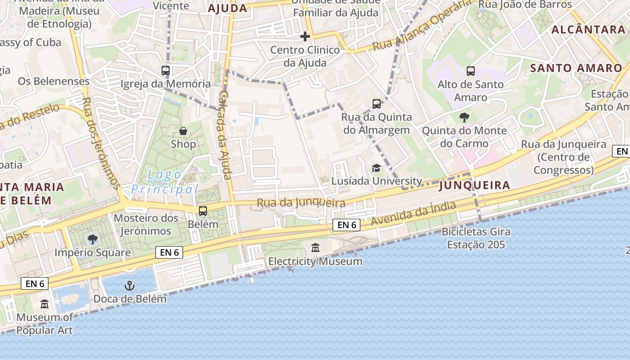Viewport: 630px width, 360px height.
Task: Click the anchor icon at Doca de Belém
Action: tap(130, 286)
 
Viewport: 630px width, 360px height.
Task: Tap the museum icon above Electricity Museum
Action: tap(315, 248)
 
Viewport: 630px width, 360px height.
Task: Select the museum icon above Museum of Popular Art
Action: tap(45, 305)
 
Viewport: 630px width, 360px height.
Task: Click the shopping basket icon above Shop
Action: tap(183, 131)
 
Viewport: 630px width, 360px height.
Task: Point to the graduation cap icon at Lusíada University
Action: tap(376, 168)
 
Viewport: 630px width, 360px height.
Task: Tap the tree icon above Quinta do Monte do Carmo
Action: tap(464, 117)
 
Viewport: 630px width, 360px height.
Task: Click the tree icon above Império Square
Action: tap(93, 239)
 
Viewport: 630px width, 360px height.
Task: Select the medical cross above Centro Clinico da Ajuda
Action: tap(305, 36)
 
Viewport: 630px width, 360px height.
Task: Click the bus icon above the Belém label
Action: tap(203, 211)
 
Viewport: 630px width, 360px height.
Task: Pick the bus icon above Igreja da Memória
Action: tap(166, 70)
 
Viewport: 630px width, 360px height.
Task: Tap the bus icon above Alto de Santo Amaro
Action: tap(471, 71)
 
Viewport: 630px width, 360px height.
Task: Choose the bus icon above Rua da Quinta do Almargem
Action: tap(377, 104)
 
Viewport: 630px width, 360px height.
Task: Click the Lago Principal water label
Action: tap(165, 182)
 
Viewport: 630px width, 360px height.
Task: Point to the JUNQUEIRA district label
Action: tap(474, 185)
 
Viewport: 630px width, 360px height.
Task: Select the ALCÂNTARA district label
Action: tap(588, 30)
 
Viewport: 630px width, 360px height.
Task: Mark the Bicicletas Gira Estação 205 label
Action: tap(476, 238)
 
